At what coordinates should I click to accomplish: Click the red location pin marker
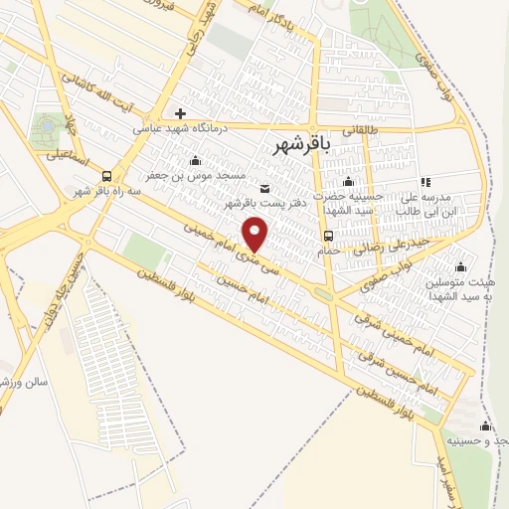click(257, 236)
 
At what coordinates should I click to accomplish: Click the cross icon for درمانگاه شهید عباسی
click(180, 113)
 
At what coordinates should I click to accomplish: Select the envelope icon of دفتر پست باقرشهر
click(263, 189)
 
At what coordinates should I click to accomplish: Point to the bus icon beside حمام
click(328, 235)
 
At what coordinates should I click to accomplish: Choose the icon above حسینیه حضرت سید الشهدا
click(348, 181)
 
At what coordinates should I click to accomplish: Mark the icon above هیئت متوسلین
click(460, 266)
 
